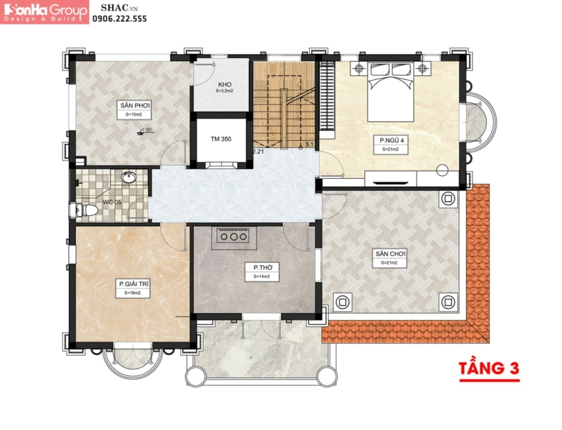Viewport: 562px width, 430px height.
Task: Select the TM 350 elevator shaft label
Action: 221,140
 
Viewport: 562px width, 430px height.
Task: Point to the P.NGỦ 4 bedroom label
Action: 390,140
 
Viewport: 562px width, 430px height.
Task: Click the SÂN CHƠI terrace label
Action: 391,253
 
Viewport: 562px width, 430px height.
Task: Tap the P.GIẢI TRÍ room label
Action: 133,284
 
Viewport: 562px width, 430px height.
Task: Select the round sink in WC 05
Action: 129,178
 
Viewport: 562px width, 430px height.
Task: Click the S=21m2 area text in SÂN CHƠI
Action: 391,264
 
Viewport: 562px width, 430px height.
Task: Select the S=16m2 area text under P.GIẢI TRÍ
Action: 133,293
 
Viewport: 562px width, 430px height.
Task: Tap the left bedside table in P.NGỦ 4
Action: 358,68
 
